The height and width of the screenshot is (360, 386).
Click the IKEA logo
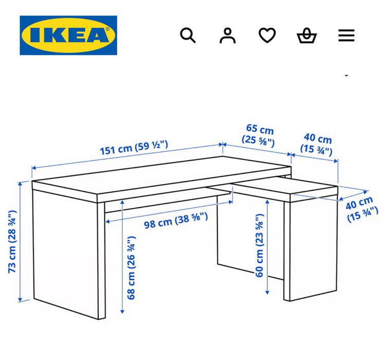(x=68, y=35)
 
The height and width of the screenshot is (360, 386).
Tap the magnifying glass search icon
(x=188, y=35)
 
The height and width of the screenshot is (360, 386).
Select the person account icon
(x=227, y=35)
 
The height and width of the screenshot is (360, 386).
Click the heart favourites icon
(x=267, y=35)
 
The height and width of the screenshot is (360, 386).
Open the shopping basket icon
(x=307, y=35)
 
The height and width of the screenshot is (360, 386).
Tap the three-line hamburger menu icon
(x=346, y=35)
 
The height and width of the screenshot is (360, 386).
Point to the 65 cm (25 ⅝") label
(x=259, y=135)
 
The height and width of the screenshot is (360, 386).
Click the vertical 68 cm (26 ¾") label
(x=132, y=267)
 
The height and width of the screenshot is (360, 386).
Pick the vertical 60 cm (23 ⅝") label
(x=260, y=246)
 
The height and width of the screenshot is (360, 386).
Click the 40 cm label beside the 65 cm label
(x=317, y=145)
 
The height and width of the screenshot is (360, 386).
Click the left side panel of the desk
(x=67, y=247)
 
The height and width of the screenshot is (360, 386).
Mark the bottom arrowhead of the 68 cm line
(x=122, y=311)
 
